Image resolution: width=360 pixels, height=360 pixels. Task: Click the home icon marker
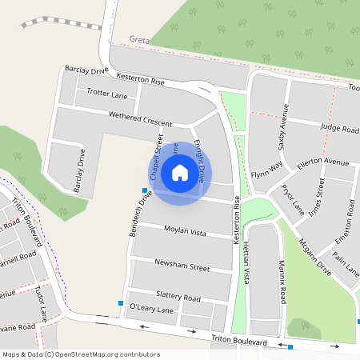(179, 173)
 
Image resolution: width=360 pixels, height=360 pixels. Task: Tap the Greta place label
(139, 38)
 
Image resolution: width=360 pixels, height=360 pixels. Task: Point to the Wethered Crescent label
(140, 119)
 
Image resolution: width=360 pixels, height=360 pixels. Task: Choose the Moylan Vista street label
(186, 231)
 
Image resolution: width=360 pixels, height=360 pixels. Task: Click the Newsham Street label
(182, 266)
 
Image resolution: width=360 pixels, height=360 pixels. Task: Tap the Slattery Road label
(178, 296)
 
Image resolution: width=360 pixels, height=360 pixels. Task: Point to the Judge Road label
(339, 128)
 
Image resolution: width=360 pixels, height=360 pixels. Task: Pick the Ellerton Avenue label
(324, 162)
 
